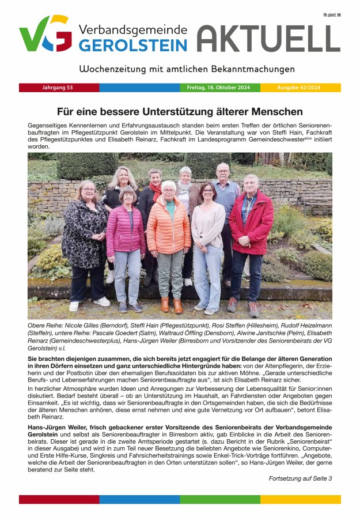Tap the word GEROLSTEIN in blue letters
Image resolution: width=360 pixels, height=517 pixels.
coord(133,46)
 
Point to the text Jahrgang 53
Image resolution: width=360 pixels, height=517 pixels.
coord(58,88)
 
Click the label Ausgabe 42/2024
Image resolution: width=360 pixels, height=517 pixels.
coord(300,88)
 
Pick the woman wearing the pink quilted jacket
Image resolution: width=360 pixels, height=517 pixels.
coord(126,236)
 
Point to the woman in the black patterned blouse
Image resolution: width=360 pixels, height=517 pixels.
coord(85,236)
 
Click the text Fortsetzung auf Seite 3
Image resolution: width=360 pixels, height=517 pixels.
coord(300,478)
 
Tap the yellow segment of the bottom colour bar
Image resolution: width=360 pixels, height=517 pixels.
coord(300,499)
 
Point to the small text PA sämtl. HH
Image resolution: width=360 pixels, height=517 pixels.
coord(332,14)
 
